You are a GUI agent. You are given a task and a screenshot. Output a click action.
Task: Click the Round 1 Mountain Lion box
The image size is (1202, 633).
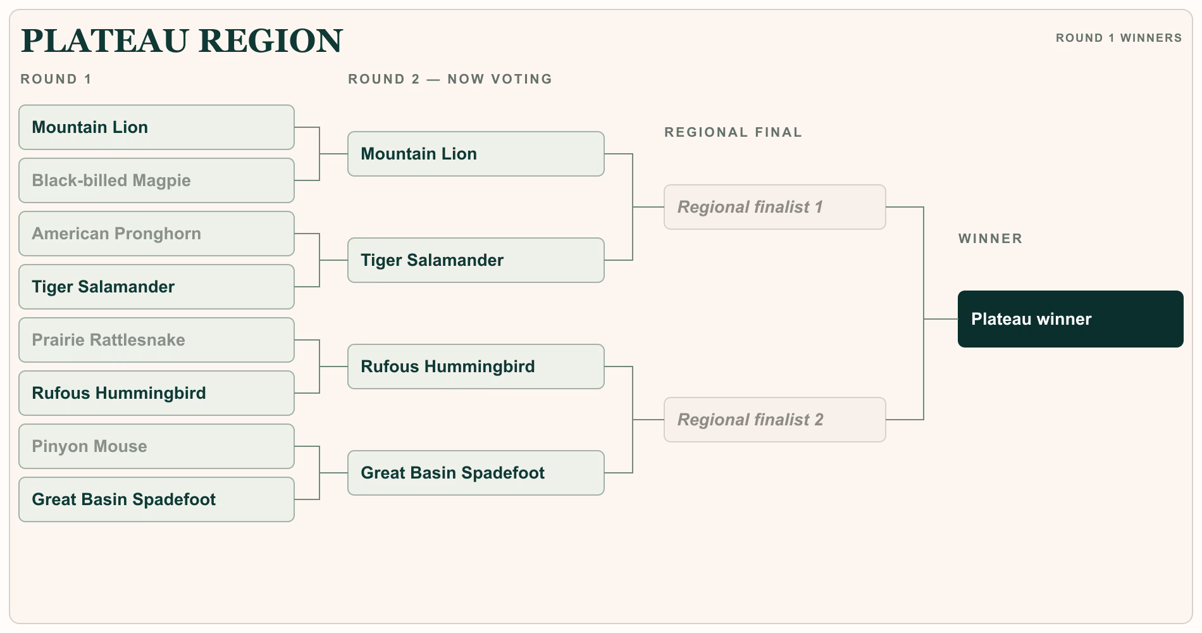156,127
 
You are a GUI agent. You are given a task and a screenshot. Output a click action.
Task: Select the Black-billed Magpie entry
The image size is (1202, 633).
156,180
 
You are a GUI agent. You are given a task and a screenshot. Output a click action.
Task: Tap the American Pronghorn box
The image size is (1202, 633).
156,234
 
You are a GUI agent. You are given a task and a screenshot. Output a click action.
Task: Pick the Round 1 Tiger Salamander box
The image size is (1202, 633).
156,287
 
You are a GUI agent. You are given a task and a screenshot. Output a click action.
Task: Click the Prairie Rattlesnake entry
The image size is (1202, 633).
156,340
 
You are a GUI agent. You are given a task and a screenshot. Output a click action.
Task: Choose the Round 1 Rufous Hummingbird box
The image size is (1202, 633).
156,393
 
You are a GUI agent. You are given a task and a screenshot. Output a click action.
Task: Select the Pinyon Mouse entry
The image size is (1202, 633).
156,446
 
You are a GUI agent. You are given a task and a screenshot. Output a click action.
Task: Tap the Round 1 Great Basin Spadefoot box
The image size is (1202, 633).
156,499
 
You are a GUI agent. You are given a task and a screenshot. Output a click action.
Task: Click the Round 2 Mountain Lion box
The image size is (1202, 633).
476,154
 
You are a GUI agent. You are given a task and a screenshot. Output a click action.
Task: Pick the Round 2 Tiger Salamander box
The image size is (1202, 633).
476,260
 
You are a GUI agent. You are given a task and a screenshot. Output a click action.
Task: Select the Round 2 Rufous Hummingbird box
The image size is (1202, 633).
476,367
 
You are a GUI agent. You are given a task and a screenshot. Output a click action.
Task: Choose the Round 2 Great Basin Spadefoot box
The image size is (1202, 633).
476,473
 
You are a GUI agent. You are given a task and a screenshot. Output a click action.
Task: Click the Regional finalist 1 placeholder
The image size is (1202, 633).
775,207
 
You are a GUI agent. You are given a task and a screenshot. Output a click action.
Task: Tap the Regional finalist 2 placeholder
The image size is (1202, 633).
775,420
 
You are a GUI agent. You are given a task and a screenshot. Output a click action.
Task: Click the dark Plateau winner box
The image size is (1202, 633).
1070,319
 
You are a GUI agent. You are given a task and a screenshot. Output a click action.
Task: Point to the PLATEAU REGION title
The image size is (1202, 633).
182,41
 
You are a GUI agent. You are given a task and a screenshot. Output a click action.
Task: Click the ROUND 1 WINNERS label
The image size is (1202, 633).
1118,38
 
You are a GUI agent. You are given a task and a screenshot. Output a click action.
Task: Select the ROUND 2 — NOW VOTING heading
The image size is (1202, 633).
450,79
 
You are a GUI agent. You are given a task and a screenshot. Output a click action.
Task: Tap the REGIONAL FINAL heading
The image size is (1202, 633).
733,132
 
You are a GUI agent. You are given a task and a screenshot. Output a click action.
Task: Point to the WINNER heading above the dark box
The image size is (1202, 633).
990,239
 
